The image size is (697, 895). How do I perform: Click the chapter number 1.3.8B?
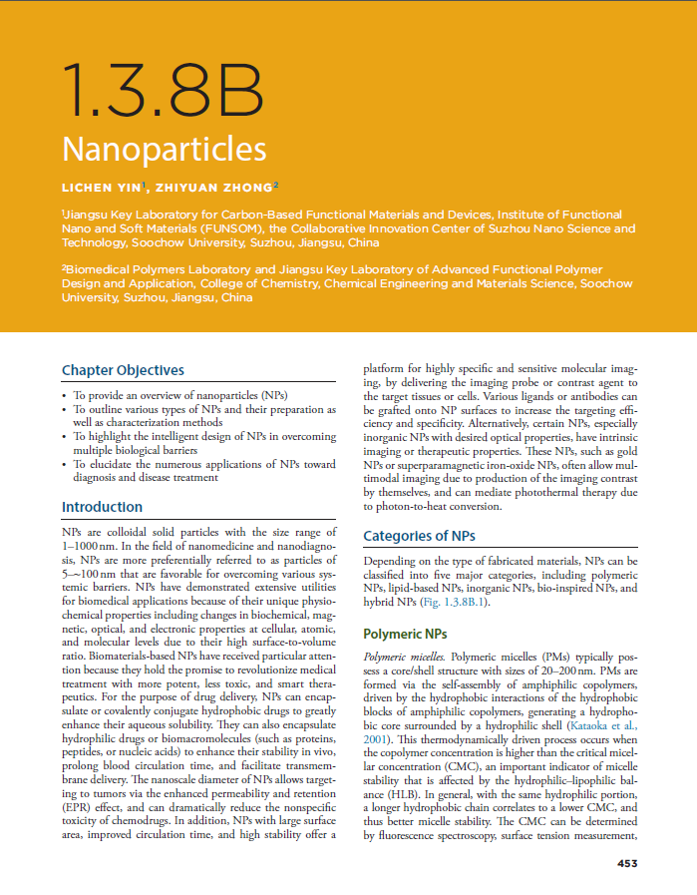click(162, 91)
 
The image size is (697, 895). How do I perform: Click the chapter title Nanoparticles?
click(164, 149)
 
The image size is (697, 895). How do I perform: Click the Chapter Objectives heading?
click(123, 370)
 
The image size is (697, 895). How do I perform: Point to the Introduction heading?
click(102, 507)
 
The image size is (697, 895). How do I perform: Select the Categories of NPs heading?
click(419, 536)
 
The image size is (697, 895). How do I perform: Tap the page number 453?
click(626, 863)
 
